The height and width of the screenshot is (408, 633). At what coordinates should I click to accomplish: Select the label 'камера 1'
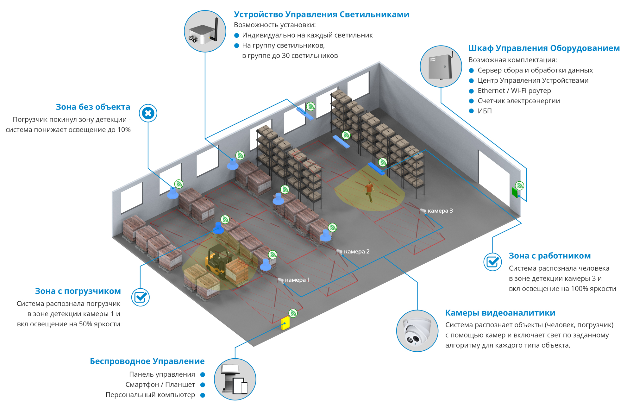pos(297,280)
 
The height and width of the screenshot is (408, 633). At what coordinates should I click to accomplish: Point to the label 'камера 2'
pos(357,252)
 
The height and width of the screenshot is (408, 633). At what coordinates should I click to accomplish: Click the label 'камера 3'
pos(440,211)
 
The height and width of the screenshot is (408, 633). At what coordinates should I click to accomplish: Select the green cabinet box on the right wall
pos(515,192)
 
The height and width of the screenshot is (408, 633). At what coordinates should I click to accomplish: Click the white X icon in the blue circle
pos(148,113)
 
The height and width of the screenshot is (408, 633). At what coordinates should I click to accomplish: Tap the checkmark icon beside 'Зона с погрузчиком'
pos(141,297)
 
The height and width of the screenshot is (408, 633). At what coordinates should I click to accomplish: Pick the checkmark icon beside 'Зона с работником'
pos(492,262)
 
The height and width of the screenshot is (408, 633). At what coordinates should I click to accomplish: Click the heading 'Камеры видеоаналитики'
pos(500,313)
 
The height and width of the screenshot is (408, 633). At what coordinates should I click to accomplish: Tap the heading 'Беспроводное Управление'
pos(147,361)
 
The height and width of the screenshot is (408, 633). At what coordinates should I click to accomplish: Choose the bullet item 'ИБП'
pos(485,111)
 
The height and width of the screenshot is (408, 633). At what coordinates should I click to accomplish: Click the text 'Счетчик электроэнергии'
pos(518,101)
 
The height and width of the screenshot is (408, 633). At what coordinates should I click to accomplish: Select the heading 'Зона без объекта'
pos(93,107)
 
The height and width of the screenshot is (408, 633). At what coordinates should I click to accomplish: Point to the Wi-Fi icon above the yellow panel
pos(293,313)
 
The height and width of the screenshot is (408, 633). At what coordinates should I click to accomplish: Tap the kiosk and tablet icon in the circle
pos(235,379)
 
